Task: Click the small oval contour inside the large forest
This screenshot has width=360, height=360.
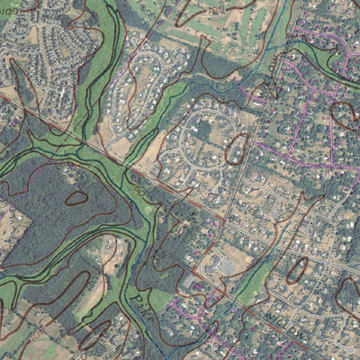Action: click(x=76, y=197)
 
